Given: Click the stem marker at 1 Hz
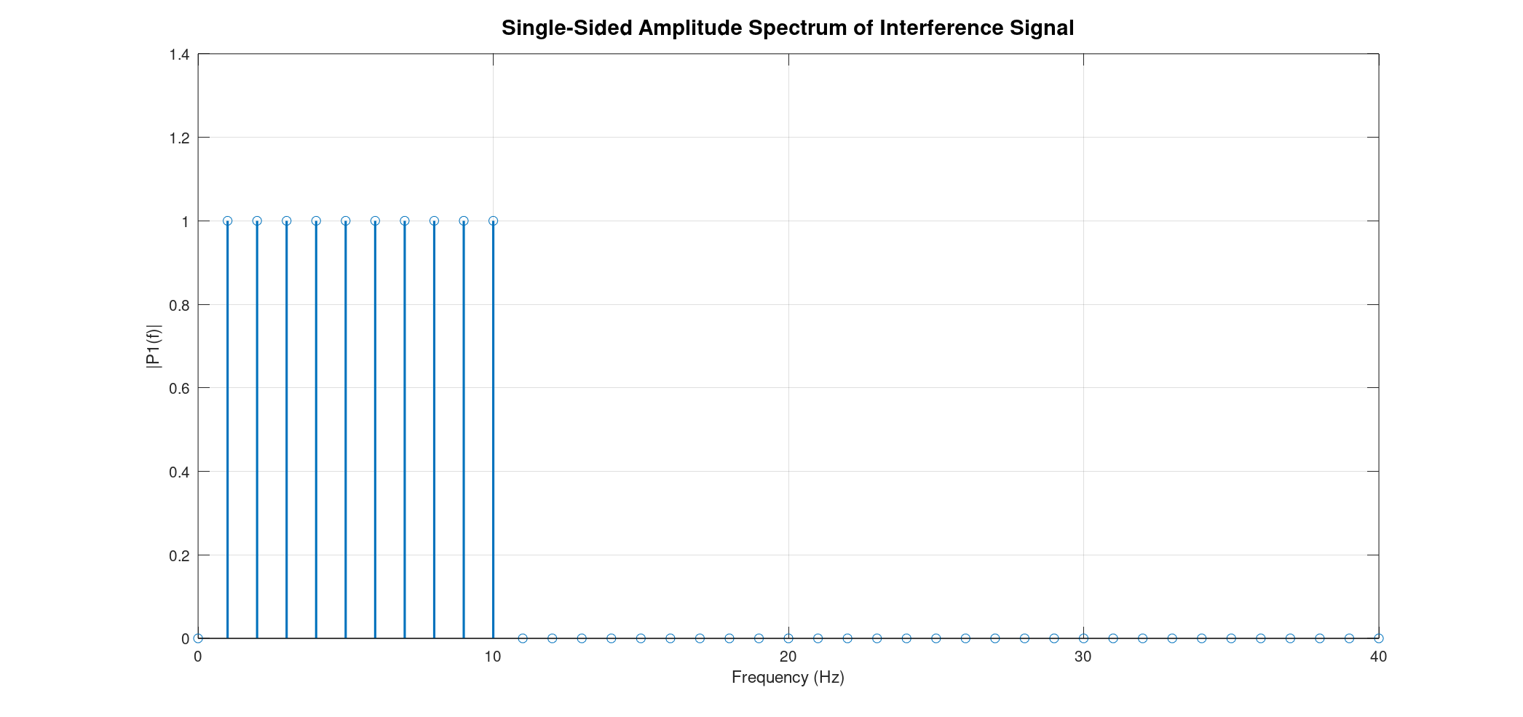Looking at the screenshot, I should coord(228,221).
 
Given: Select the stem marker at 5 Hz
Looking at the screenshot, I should coord(346,221).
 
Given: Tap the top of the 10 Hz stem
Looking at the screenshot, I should coord(493,221).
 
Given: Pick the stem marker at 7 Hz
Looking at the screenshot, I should coord(405,221).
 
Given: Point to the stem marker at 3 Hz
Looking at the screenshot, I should coord(287,221).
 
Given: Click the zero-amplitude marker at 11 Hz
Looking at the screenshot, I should coord(523,638).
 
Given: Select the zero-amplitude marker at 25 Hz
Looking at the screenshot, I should coord(936,638).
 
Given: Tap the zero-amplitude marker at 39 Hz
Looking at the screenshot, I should coord(1349,638).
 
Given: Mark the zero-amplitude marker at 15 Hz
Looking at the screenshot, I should coord(641,638).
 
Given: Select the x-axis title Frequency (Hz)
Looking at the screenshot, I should coord(788,678).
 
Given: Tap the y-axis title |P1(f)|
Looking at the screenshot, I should coord(154,346).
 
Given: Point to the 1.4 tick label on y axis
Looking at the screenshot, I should coord(179,55).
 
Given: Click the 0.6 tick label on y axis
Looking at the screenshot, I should coord(179,388).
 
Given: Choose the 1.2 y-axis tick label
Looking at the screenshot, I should coord(179,138).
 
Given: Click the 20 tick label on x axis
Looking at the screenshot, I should coord(788,657).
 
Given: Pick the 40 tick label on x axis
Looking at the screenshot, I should coord(1378,657).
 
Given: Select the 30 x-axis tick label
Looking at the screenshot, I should coord(1083,657).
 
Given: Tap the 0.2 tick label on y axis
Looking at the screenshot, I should coord(179,555).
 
